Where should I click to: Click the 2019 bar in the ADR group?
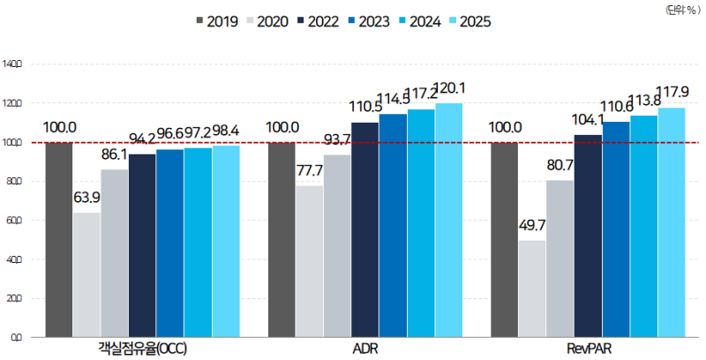click(282, 239)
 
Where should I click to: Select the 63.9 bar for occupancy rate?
click(86, 274)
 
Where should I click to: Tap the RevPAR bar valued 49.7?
click(532, 289)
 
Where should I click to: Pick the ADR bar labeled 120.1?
click(448, 220)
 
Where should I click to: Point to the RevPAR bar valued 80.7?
click(560, 259)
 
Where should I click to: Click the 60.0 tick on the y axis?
click(14, 221)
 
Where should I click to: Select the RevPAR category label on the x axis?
click(588, 350)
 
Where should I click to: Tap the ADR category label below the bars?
click(365, 350)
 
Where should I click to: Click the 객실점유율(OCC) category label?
click(143, 350)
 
